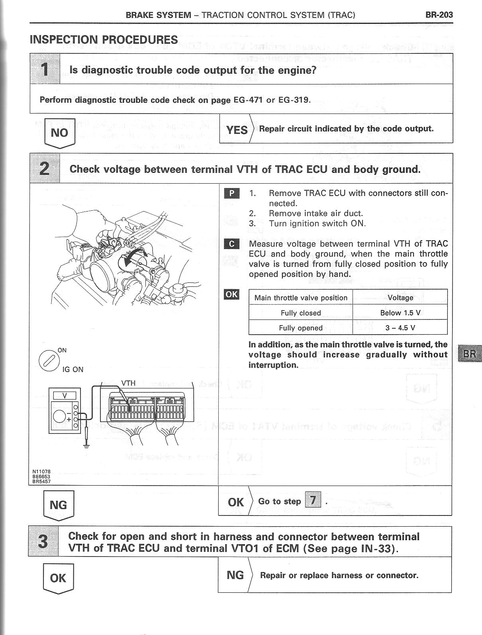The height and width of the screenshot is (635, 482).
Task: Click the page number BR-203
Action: [439, 15]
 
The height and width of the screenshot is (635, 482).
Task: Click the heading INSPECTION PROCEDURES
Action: [104, 40]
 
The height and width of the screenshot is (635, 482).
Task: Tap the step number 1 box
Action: [45, 69]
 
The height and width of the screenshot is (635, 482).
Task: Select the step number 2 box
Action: [45, 169]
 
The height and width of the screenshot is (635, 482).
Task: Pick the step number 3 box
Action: [43, 541]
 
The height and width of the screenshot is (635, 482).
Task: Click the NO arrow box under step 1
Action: [59, 133]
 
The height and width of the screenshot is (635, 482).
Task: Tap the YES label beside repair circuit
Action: [237, 129]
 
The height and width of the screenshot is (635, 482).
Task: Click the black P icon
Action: [232, 194]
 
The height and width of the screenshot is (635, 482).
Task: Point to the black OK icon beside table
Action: [232, 294]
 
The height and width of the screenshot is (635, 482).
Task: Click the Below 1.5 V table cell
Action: [400, 313]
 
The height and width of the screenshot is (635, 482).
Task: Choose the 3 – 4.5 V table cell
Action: [400, 328]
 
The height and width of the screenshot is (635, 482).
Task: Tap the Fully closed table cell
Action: [300, 313]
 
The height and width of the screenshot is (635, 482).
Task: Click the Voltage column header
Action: [400, 298]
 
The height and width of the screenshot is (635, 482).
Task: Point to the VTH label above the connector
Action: [128, 383]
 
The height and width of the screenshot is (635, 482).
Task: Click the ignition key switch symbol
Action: [47, 360]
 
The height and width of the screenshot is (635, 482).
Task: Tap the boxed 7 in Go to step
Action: [313, 500]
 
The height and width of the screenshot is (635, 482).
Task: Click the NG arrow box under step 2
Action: [59, 506]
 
